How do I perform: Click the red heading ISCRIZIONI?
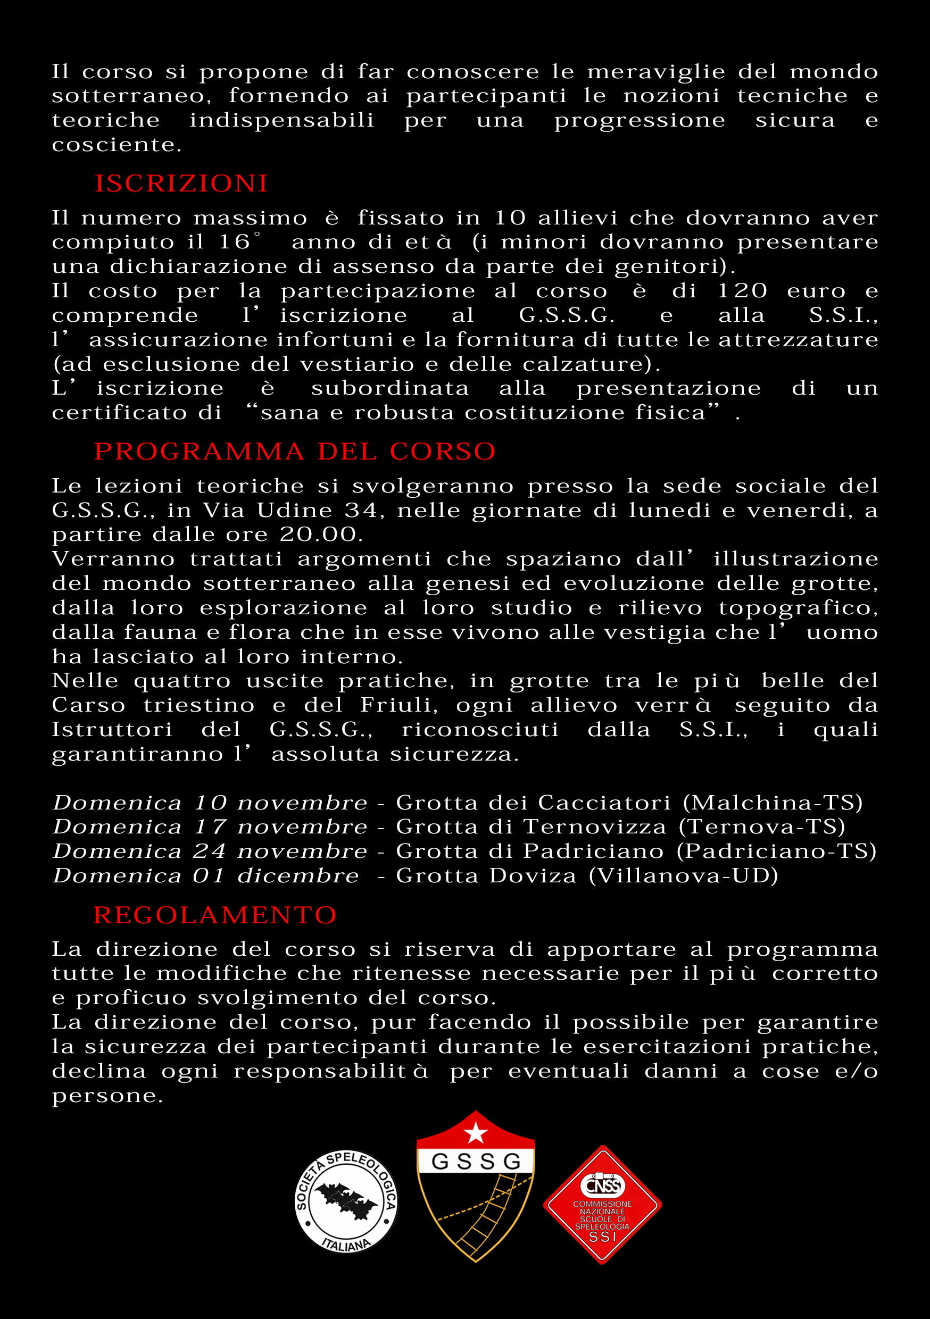point(181,184)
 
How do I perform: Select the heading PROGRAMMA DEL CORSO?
point(295,452)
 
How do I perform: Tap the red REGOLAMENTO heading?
point(215,915)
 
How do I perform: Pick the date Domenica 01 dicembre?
point(206,875)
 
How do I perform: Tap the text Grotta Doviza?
point(486,875)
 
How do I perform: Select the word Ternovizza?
point(595,827)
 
